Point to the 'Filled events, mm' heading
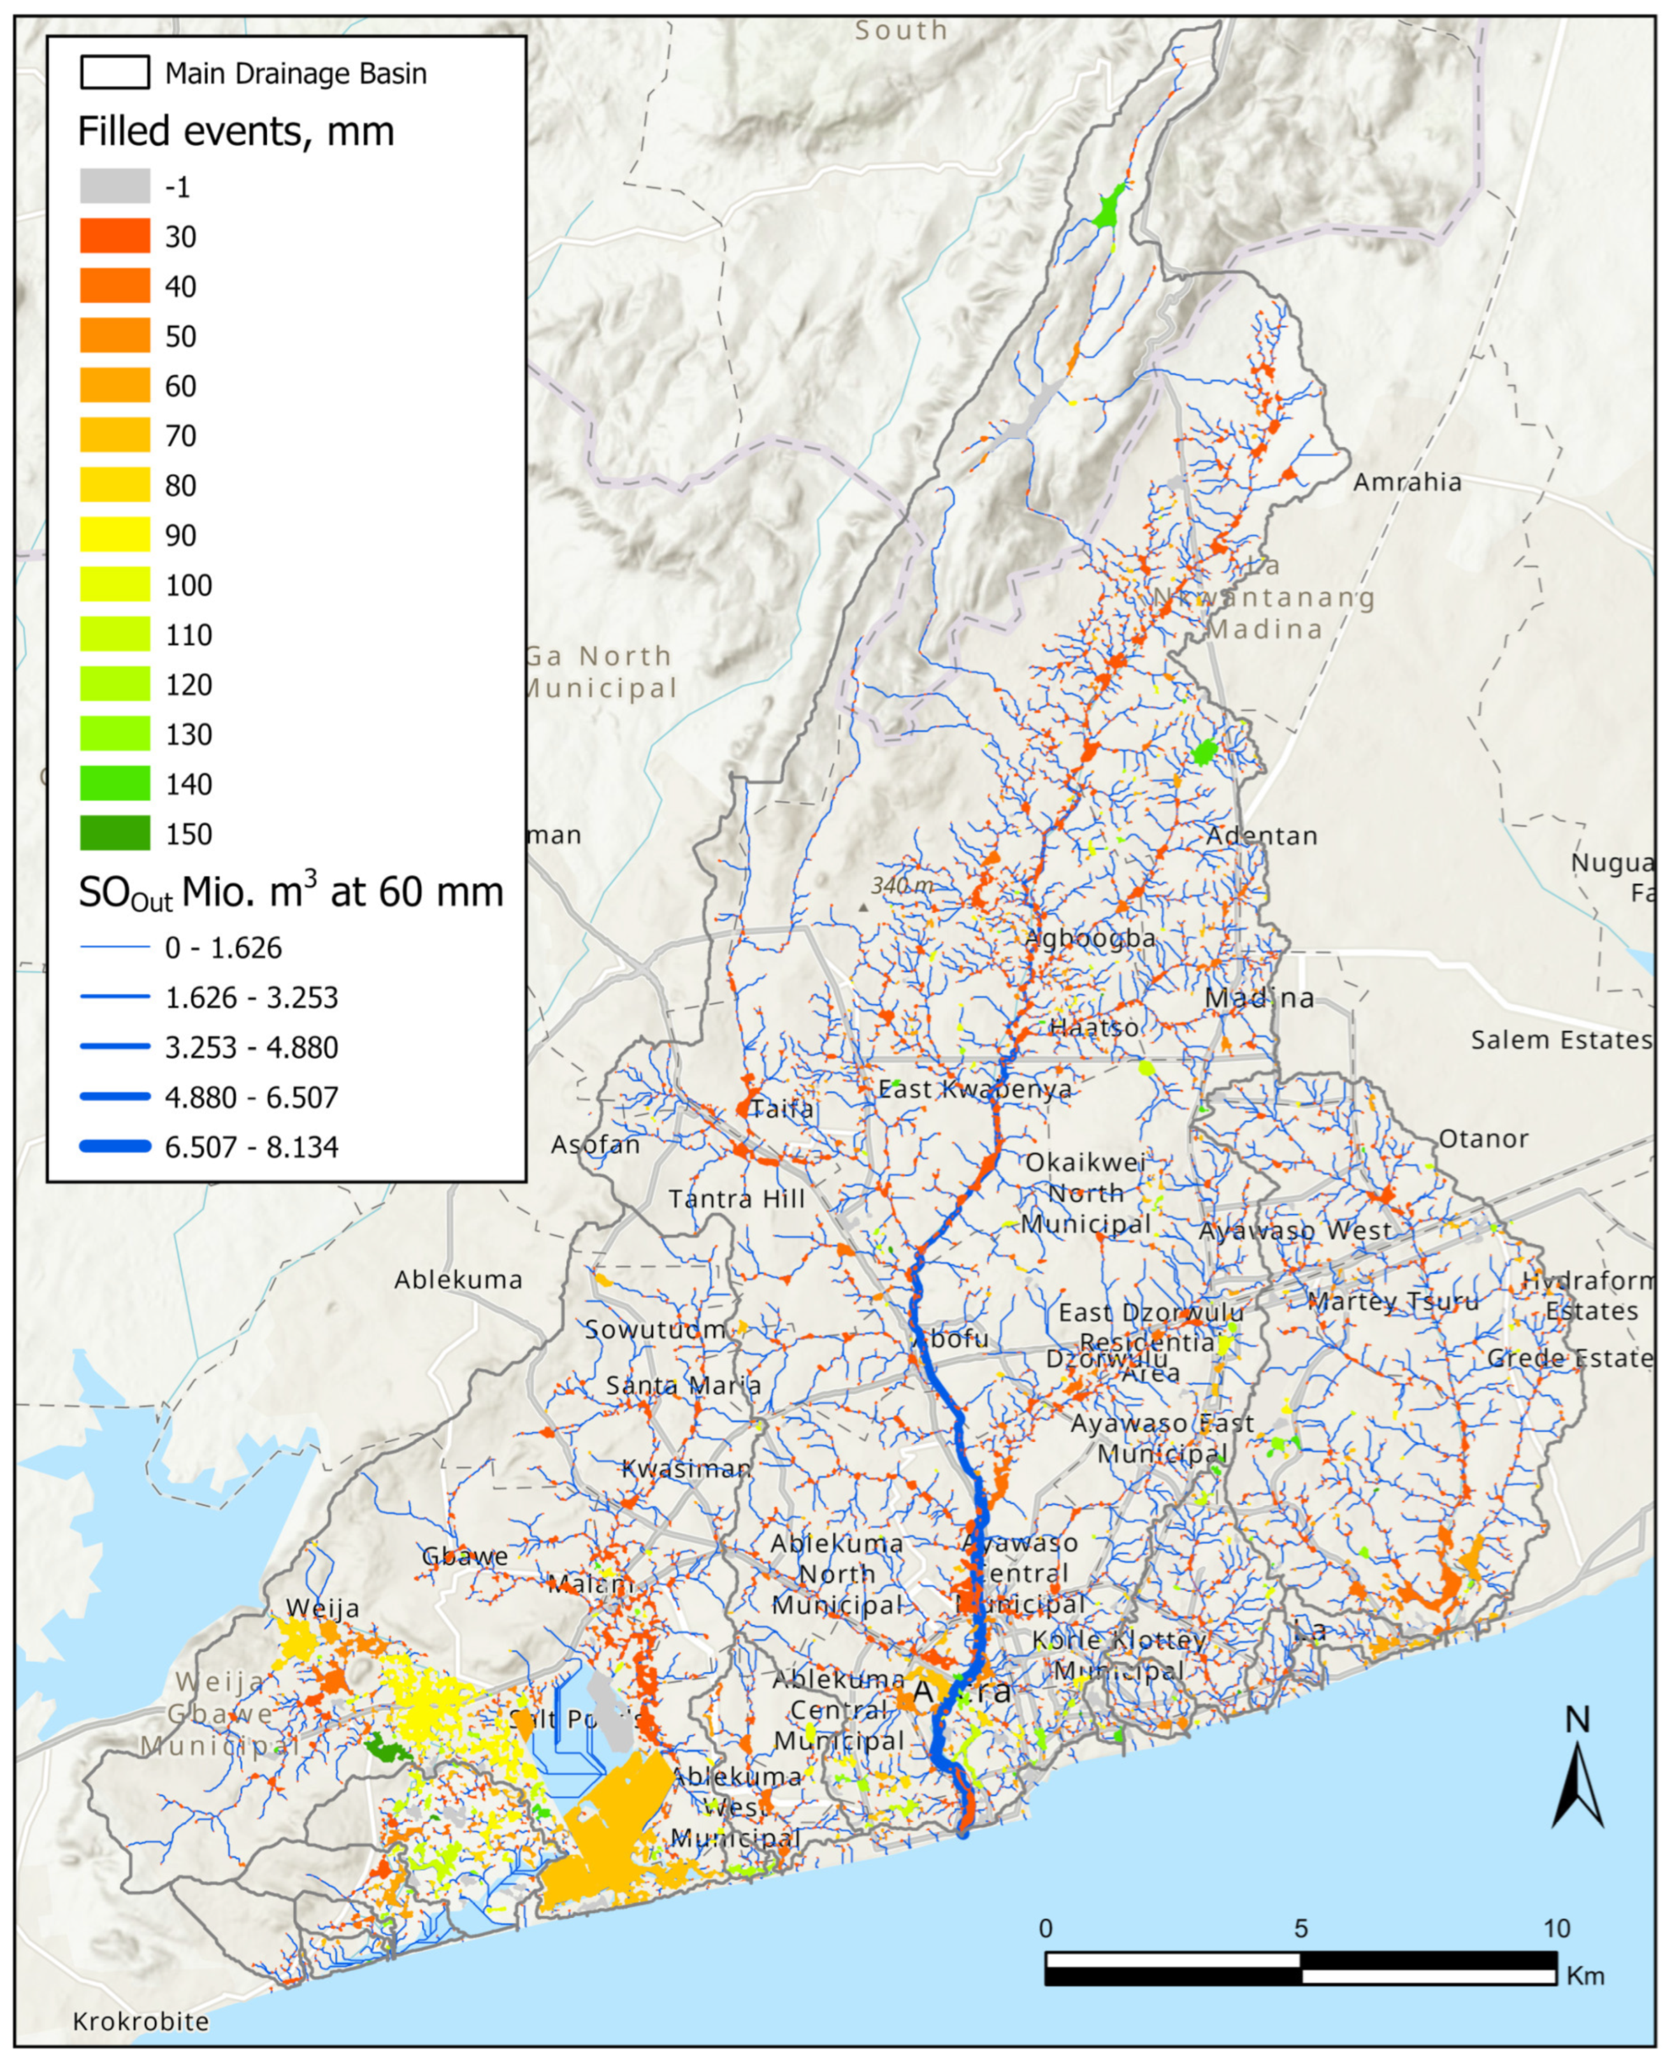[236, 131]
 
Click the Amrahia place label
[1406, 482]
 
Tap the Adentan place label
[1261, 835]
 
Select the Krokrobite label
[141, 2022]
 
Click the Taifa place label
[782, 1109]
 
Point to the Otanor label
[1482, 1139]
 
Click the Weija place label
[322, 1608]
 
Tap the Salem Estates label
[1559, 1040]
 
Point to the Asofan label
[595, 1144]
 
